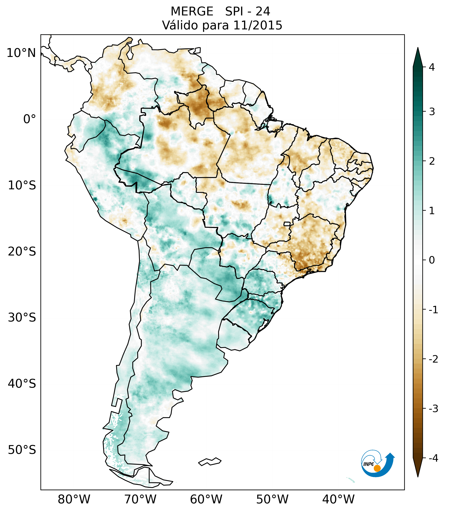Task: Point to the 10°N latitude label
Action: tap(21, 53)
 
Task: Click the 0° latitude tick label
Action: tap(29, 119)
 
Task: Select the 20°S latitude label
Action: tap(22, 252)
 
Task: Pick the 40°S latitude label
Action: tap(22, 384)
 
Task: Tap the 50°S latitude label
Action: tap(22, 450)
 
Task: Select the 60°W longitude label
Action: tap(206, 499)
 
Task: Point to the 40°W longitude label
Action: tap(338, 499)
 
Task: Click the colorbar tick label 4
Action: tap(432, 67)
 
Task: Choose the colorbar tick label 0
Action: tap(432, 260)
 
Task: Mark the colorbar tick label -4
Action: tap(433, 458)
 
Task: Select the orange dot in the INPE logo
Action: tap(377, 468)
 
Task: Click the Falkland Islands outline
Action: tap(210, 461)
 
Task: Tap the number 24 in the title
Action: tap(263, 12)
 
